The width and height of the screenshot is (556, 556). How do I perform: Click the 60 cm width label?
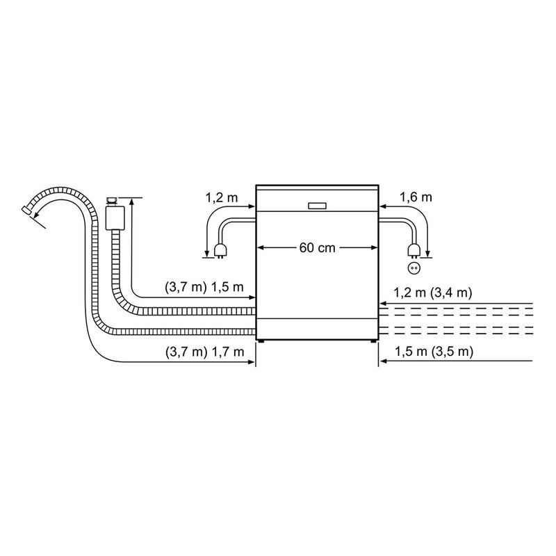pos(317,248)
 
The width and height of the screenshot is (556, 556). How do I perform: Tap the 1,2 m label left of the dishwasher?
pos(220,197)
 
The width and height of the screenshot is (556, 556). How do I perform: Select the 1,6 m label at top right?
pos(416,197)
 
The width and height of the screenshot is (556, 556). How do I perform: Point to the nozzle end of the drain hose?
pos(27,209)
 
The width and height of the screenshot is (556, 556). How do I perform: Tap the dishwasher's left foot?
pos(262,342)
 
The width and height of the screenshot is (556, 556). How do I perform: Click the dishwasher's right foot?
pos(373,342)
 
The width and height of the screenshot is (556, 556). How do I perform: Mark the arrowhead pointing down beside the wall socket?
pos(428,253)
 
